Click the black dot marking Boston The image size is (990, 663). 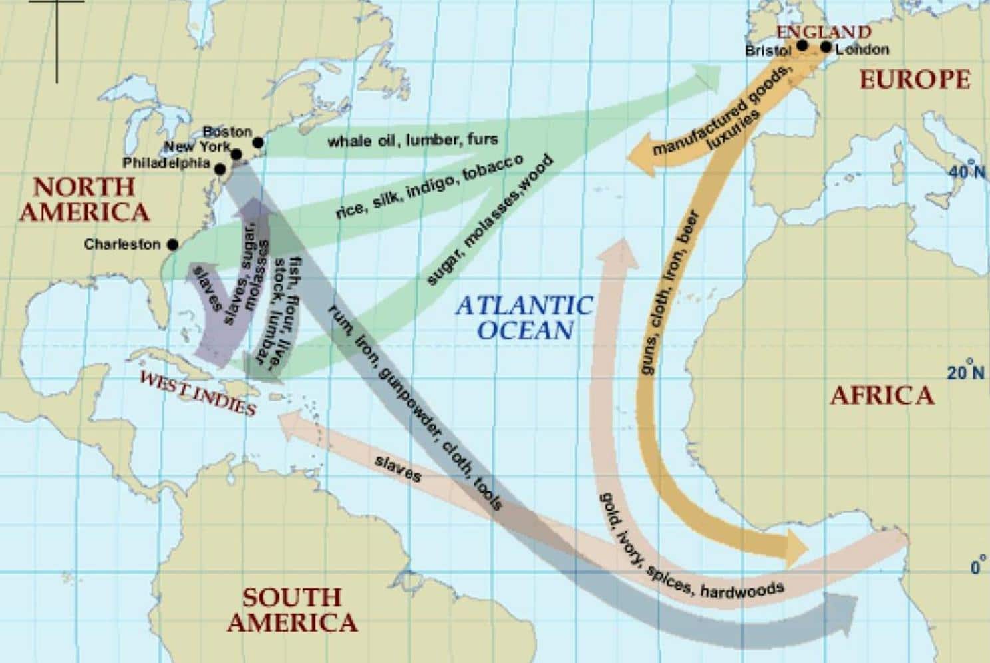(258, 142)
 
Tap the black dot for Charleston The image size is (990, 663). (172, 244)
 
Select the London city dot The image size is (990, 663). (826, 47)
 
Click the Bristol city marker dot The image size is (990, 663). (802, 45)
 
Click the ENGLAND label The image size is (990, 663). (824, 31)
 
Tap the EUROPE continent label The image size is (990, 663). (915, 79)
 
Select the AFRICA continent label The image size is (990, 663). (882, 395)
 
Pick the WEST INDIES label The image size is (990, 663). (199, 392)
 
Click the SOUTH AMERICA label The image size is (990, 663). (291, 610)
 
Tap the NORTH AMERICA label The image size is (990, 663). (84, 199)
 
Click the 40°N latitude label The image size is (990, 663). (967, 170)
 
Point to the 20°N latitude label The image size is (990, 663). (966, 371)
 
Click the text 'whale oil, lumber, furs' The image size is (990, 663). (412, 140)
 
